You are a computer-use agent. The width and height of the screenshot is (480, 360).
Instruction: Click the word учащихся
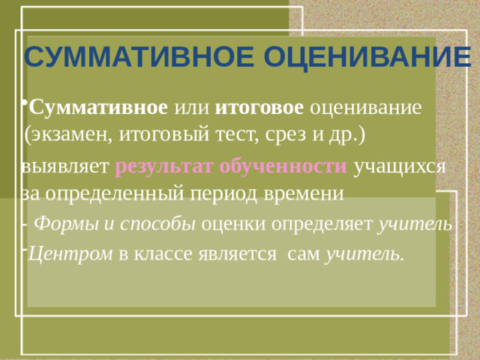pos(400,166)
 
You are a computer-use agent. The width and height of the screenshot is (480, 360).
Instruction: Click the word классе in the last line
pos(164,254)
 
